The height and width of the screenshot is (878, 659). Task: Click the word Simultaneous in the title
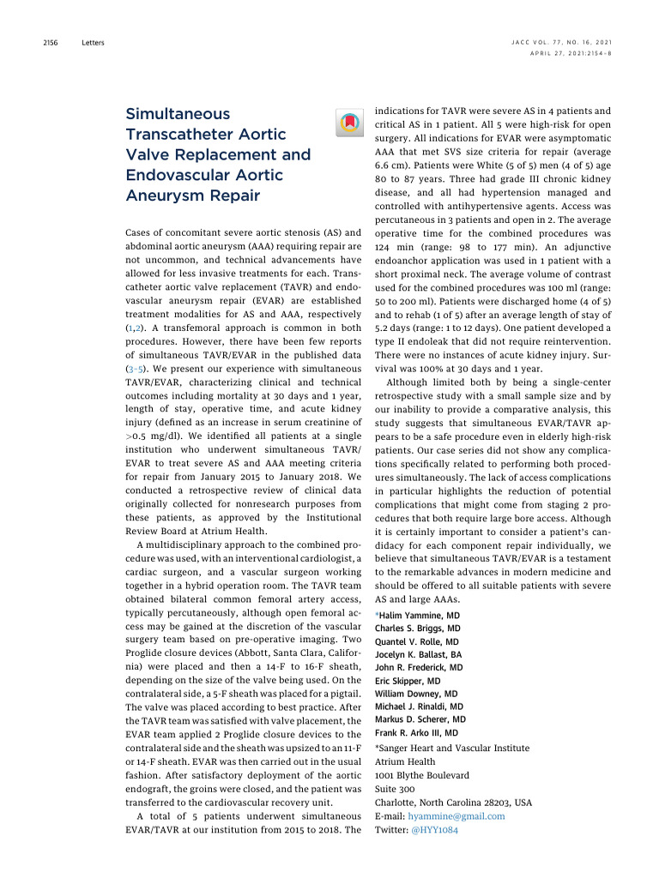(x=178, y=113)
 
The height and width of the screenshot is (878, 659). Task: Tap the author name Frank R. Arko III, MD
(x=416, y=733)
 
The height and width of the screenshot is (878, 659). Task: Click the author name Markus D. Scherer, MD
(x=420, y=719)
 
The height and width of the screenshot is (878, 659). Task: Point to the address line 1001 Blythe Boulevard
(x=422, y=775)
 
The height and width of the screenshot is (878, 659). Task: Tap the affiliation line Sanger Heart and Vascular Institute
(x=454, y=748)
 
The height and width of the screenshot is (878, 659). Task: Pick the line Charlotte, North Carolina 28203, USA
(x=453, y=803)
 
